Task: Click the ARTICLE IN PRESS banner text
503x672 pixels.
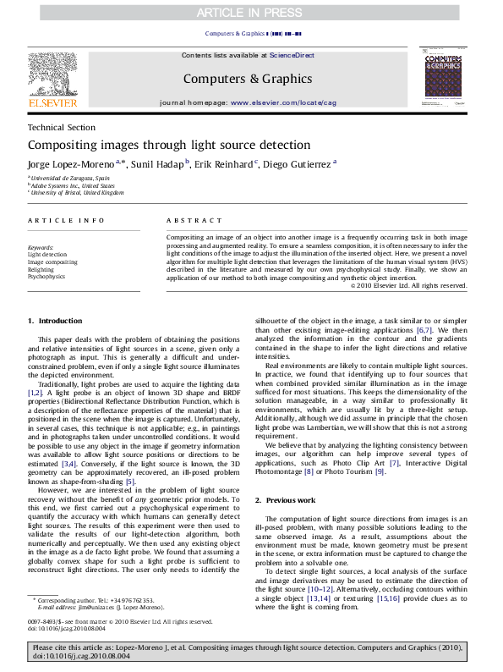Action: click(x=251, y=12)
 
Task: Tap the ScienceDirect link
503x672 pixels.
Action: click(x=292, y=55)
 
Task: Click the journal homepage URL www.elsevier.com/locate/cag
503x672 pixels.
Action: click(x=282, y=102)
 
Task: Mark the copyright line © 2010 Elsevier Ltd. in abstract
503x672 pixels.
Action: click(x=408, y=285)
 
